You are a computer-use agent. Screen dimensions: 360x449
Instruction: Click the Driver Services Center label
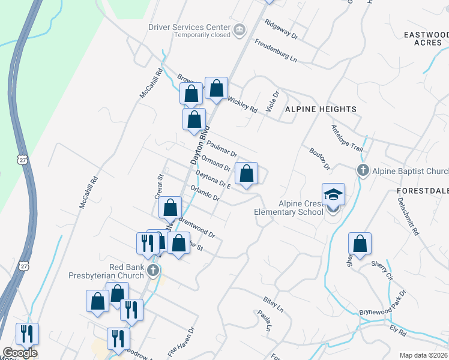[x=190, y=27]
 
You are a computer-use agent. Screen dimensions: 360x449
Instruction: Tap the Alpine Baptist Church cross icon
[x=363, y=171]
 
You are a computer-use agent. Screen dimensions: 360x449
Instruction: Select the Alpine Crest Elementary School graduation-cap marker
[x=333, y=194]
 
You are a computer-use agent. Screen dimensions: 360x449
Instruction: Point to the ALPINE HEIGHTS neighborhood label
[x=321, y=109]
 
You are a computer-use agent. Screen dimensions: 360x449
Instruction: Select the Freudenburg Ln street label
[x=276, y=50]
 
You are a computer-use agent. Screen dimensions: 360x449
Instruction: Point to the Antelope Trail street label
[x=348, y=138]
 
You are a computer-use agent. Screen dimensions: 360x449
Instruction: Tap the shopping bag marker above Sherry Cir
[x=360, y=244]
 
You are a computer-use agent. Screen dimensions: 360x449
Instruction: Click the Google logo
[x=19, y=353]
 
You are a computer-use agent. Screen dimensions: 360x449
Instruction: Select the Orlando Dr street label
[x=205, y=193]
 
